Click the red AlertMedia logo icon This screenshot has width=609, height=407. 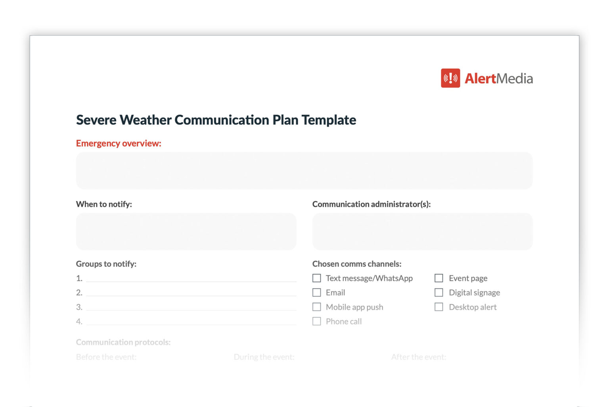coord(450,78)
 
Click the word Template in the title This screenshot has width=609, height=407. coord(329,120)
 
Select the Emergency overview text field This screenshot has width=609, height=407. coord(304,171)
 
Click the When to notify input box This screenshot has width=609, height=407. coord(186,231)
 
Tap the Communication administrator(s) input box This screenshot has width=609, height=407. coord(422,231)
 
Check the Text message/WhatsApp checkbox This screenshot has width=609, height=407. coord(317,278)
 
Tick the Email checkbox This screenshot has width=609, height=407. coord(317,293)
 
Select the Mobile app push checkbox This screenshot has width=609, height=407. coord(317,307)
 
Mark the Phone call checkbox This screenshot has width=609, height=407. coord(317,321)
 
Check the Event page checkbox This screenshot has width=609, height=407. coord(439,278)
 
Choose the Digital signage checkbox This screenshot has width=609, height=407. coord(439,293)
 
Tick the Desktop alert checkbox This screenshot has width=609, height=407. coord(439,307)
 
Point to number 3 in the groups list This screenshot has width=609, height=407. coord(79,307)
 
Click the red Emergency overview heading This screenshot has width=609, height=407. coord(119,143)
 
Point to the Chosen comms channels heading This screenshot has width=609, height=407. coord(357,264)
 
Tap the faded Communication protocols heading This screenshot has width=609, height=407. coord(123,342)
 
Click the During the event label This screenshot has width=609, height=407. coord(264,357)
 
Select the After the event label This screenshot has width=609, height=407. coord(419,357)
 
